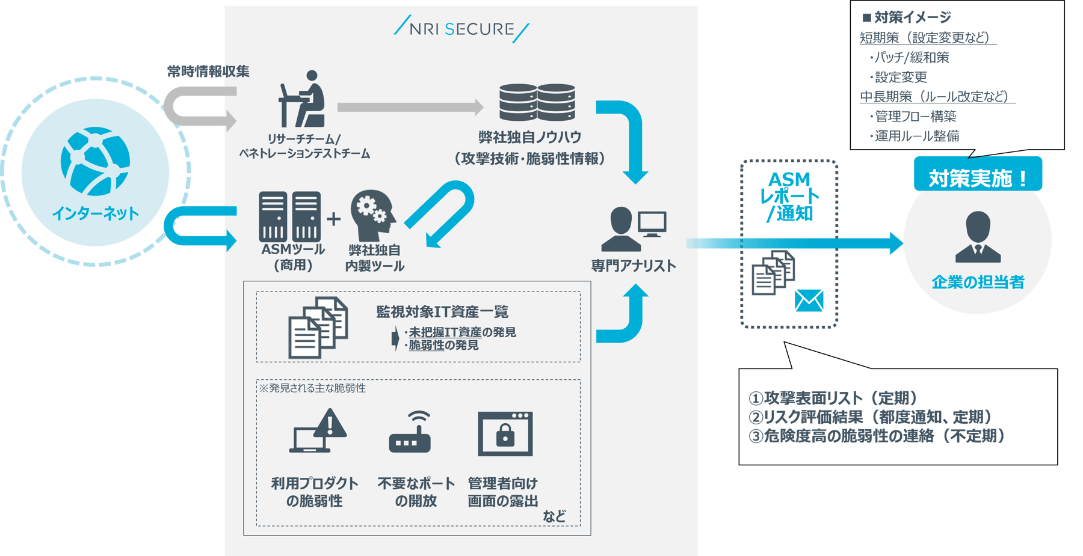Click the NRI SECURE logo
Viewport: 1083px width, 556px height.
pyautogui.click(x=461, y=29)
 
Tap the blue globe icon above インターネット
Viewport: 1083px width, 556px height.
pyautogui.click(x=95, y=161)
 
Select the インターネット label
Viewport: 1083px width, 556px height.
pyautogui.click(x=95, y=213)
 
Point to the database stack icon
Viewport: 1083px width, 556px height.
pyautogui.click(x=537, y=102)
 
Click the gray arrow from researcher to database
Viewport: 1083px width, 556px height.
pyautogui.click(x=410, y=107)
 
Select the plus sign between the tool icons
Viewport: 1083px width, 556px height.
pyautogui.click(x=333, y=219)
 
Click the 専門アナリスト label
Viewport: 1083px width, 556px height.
pyautogui.click(x=633, y=266)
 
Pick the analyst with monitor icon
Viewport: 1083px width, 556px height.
pyautogui.click(x=633, y=229)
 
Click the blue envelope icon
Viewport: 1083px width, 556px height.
pyautogui.click(x=809, y=301)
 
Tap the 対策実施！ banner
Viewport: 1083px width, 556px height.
pyautogui.click(x=978, y=177)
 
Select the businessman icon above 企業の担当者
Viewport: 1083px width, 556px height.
pyautogui.click(x=978, y=237)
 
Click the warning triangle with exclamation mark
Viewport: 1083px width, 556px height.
pyautogui.click(x=330, y=424)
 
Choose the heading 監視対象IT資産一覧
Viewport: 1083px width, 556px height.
pyautogui.click(x=442, y=312)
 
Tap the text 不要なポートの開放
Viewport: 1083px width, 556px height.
pyautogui.click(x=416, y=492)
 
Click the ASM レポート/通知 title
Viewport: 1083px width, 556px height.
pyautogui.click(x=789, y=196)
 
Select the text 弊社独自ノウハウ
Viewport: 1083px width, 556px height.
pyautogui.click(x=529, y=138)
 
